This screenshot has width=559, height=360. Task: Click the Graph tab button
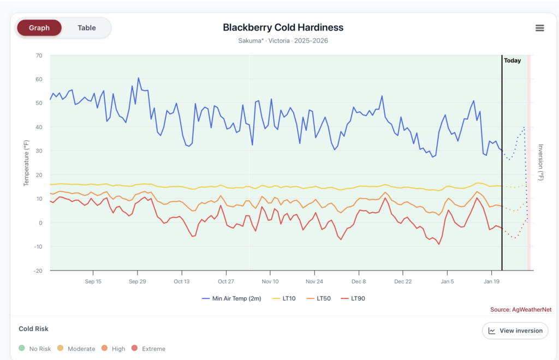39,28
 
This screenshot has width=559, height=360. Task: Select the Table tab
86,28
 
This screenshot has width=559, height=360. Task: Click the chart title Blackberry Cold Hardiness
283,27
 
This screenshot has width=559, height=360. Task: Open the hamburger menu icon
539,28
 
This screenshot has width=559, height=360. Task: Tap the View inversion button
515,331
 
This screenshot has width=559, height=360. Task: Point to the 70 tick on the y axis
39,56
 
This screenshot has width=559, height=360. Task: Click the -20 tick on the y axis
37,271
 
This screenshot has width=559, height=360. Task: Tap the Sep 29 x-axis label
137,281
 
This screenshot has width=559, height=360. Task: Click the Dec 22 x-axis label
403,281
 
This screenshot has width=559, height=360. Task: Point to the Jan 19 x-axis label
491,281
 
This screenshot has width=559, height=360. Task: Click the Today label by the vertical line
512,61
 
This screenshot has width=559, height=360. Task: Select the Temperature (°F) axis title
26,163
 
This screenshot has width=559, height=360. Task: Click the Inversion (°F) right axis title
541,163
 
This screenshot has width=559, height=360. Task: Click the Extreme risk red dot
134,349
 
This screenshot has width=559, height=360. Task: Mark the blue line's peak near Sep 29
138,78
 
